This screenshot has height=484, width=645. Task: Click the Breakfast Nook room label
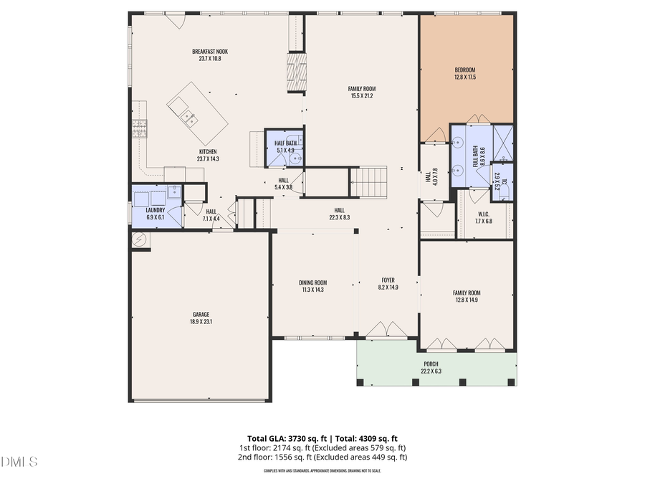point(210,52)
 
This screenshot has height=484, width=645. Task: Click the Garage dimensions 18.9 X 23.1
point(201,322)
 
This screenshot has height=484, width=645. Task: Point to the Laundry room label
point(156,210)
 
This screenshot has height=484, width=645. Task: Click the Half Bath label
point(285,143)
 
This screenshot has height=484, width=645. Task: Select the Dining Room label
point(312,283)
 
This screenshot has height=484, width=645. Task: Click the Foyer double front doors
point(387,330)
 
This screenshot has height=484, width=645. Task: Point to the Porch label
point(431,364)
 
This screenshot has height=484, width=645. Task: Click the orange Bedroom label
point(465,70)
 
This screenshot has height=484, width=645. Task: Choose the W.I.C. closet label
point(484,214)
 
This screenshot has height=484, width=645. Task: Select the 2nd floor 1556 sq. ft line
point(323,457)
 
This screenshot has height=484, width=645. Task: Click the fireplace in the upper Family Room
point(295,73)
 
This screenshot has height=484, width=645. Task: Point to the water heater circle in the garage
point(140,239)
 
